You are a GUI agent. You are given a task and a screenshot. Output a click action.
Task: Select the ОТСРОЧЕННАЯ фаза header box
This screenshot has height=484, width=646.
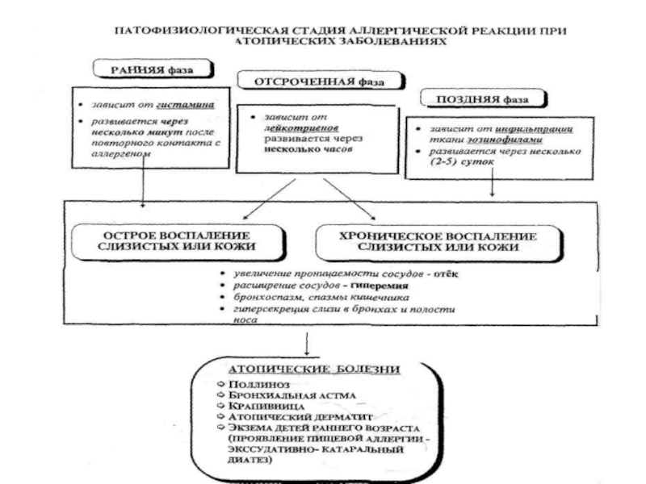tap(316, 82)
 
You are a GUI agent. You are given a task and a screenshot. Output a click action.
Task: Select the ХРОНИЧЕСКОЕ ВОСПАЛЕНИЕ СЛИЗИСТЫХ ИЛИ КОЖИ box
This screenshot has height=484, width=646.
tap(426, 240)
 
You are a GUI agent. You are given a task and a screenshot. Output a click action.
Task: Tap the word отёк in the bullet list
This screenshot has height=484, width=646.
tap(444, 274)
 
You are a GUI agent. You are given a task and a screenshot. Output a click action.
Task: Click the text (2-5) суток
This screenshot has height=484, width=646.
tap(462, 161)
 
